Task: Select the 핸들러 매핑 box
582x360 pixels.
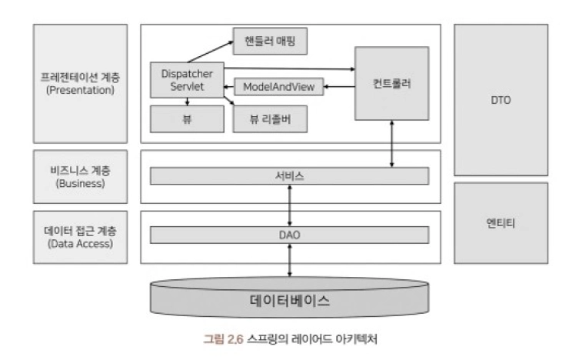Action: coord(271,41)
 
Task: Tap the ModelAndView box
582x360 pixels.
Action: coord(278,87)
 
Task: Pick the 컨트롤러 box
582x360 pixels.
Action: coord(391,82)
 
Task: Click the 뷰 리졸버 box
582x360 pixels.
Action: coord(270,118)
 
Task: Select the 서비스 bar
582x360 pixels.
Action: coord(289,175)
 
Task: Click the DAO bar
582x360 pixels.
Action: coord(289,235)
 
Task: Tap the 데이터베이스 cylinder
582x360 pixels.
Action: coord(290,299)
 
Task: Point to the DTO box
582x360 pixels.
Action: coord(501,100)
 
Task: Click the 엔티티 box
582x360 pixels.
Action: coord(501,222)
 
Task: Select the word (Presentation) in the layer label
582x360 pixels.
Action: coord(80,90)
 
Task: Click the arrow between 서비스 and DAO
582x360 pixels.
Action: coord(290,205)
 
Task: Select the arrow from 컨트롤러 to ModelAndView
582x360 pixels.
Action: coord(338,87)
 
